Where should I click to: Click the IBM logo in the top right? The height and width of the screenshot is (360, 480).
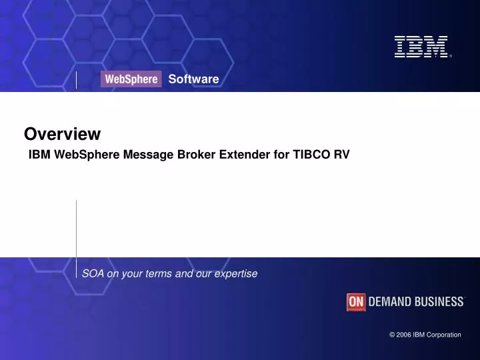point(421,47)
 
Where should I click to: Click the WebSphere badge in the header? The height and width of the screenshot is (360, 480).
point(131,79)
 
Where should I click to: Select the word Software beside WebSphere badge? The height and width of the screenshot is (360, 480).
point(193,79)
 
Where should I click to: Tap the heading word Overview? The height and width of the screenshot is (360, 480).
point(62,134)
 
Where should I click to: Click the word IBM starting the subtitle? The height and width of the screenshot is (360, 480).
point(39,155)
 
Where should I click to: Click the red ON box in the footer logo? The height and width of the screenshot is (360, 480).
point(356,302)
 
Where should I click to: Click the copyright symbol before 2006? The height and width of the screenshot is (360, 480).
point(392,335)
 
